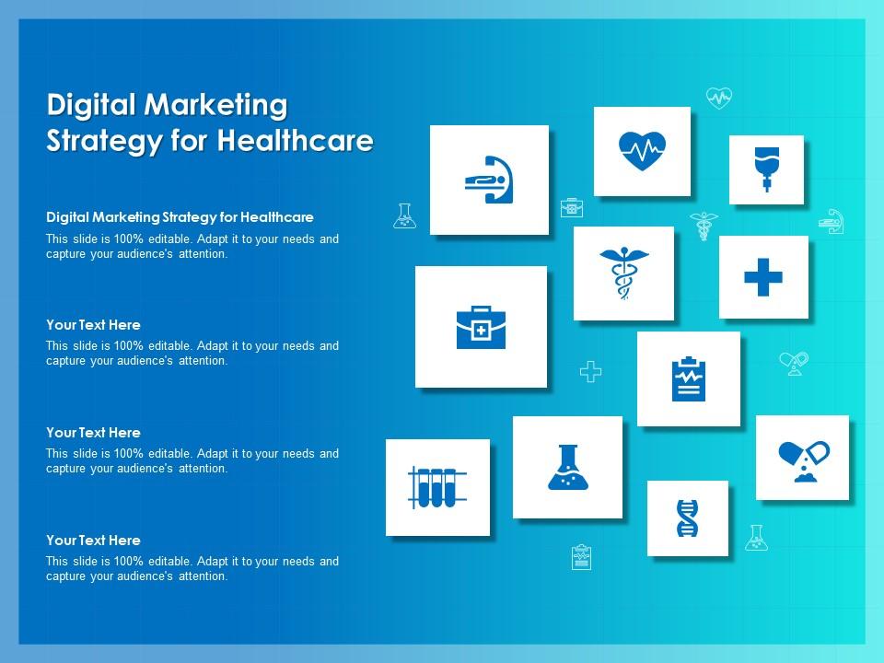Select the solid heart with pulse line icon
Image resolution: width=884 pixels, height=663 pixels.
point(642,150)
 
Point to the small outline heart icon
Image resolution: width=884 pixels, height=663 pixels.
point(718,97)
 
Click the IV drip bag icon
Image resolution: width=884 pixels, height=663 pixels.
point(765,169)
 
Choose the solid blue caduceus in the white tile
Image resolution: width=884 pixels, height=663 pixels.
point(623,273)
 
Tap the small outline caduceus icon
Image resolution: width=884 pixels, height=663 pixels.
point(704,225)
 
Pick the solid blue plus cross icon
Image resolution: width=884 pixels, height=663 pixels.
point(763,277)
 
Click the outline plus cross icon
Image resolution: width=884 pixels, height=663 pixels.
point(590,371)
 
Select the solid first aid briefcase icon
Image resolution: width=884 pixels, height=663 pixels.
point(481,327)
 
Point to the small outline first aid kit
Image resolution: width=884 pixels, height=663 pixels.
point(572,207)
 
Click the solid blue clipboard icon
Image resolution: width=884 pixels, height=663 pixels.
point(688,379)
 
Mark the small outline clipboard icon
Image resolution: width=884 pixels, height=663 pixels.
point(581,557)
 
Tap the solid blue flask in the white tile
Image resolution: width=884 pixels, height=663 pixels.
point(567,467)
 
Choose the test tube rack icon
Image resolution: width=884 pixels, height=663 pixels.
point(437,487)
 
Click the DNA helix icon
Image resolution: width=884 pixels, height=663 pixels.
point(687,518)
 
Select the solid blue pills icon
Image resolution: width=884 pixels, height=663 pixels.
point(803,459)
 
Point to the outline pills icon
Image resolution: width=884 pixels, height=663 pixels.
point(793,363)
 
